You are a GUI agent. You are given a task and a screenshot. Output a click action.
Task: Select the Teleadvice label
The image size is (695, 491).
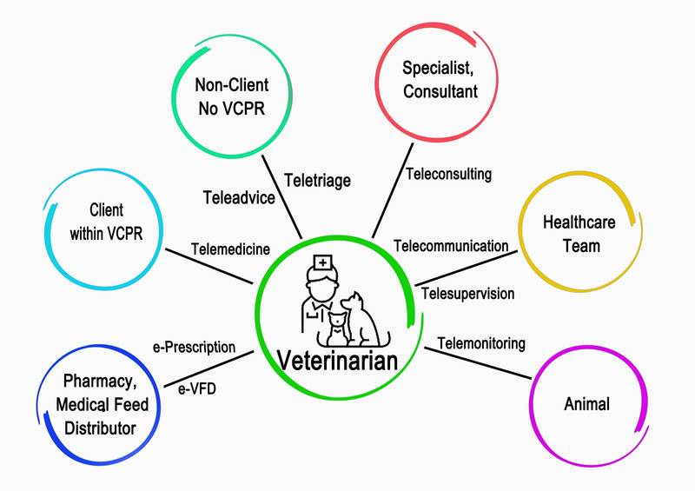coord(238,197)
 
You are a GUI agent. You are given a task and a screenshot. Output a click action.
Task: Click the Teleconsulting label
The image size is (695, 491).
coord(448,174)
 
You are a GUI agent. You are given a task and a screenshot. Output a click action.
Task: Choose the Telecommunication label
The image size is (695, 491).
coord(451,246)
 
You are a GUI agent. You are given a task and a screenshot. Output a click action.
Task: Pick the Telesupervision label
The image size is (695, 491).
coord(467,293)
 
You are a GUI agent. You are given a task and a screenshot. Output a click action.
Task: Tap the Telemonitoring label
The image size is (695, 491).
coord(480,343)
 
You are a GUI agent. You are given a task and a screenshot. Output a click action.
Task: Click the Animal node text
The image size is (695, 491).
coord(586,404)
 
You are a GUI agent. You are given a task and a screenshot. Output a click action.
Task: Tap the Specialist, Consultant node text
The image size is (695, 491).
coord(440,78)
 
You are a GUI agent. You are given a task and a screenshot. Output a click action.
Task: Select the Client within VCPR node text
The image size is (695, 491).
coord(105,222)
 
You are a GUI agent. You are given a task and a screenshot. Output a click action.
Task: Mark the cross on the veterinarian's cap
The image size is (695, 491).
coord(321,261)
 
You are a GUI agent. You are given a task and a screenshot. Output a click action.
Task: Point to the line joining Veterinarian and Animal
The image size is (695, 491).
coord(479,362)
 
